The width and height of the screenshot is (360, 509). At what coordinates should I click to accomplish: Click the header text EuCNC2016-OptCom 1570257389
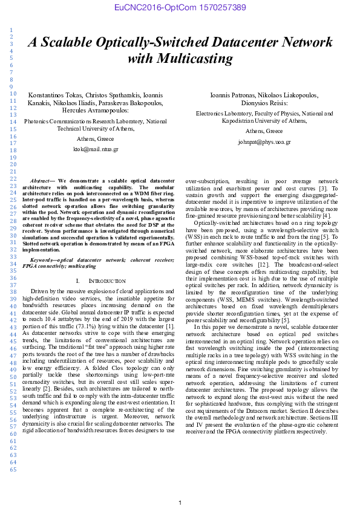(x=180, y=7)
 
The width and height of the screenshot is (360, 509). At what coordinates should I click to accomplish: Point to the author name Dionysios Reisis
(x=264, y=103)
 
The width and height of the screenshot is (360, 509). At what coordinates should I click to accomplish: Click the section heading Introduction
(x=107, y=281)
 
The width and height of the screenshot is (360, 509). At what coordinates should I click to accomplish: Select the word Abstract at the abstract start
(x=42, y=181)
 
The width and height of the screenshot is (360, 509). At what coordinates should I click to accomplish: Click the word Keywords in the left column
(x=44, y=259)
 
